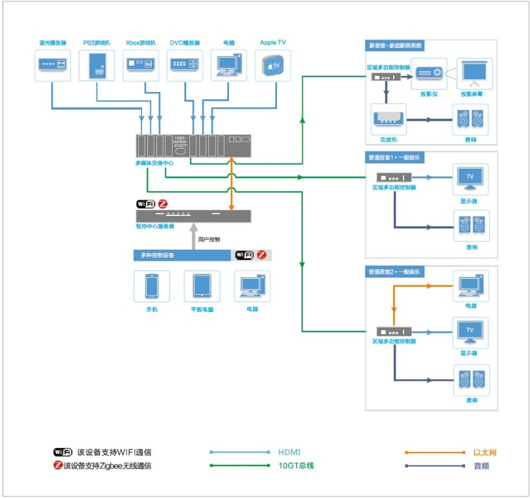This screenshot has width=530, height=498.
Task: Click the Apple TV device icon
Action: click(x=272, y=65)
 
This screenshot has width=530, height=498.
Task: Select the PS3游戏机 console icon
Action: click(x=97, y=65)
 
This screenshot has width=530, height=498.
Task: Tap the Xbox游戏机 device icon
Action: click(x=141, y=65)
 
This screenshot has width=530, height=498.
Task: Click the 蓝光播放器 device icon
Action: click(x=53, y=65)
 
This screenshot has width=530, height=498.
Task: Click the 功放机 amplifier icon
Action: click(x=389, y=119)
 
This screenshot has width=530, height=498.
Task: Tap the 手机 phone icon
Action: click(x=152, y=286)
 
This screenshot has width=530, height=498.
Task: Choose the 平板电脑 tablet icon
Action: click(x=202, y=286)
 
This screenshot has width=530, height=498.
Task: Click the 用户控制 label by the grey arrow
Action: click(x=209, y=239)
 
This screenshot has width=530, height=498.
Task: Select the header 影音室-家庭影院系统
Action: click(x=395, y=45)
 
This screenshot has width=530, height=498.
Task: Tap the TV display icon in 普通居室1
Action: click(x=470, y=178)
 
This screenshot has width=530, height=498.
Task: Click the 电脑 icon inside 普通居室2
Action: click(x=470, y=286)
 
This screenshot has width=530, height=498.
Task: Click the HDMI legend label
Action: click(x=289, y=452)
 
